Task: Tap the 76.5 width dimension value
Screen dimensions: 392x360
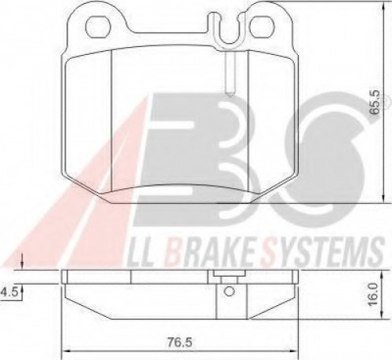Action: click(180, 342)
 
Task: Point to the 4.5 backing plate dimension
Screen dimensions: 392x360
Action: click(9, 292)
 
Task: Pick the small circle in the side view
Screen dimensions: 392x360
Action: click(229, 291)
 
